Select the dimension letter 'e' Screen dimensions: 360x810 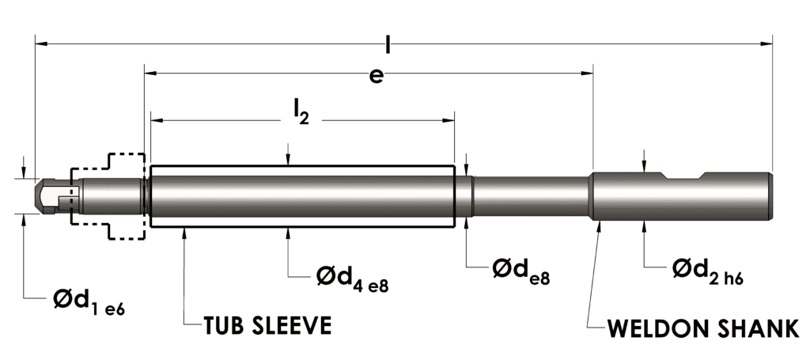(x=377, y=75)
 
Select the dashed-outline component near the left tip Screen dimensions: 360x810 (x=108, y=196)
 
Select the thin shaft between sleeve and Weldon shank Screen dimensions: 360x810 (x=530, y=196)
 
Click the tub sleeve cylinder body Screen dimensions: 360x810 (x=301, y=196)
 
